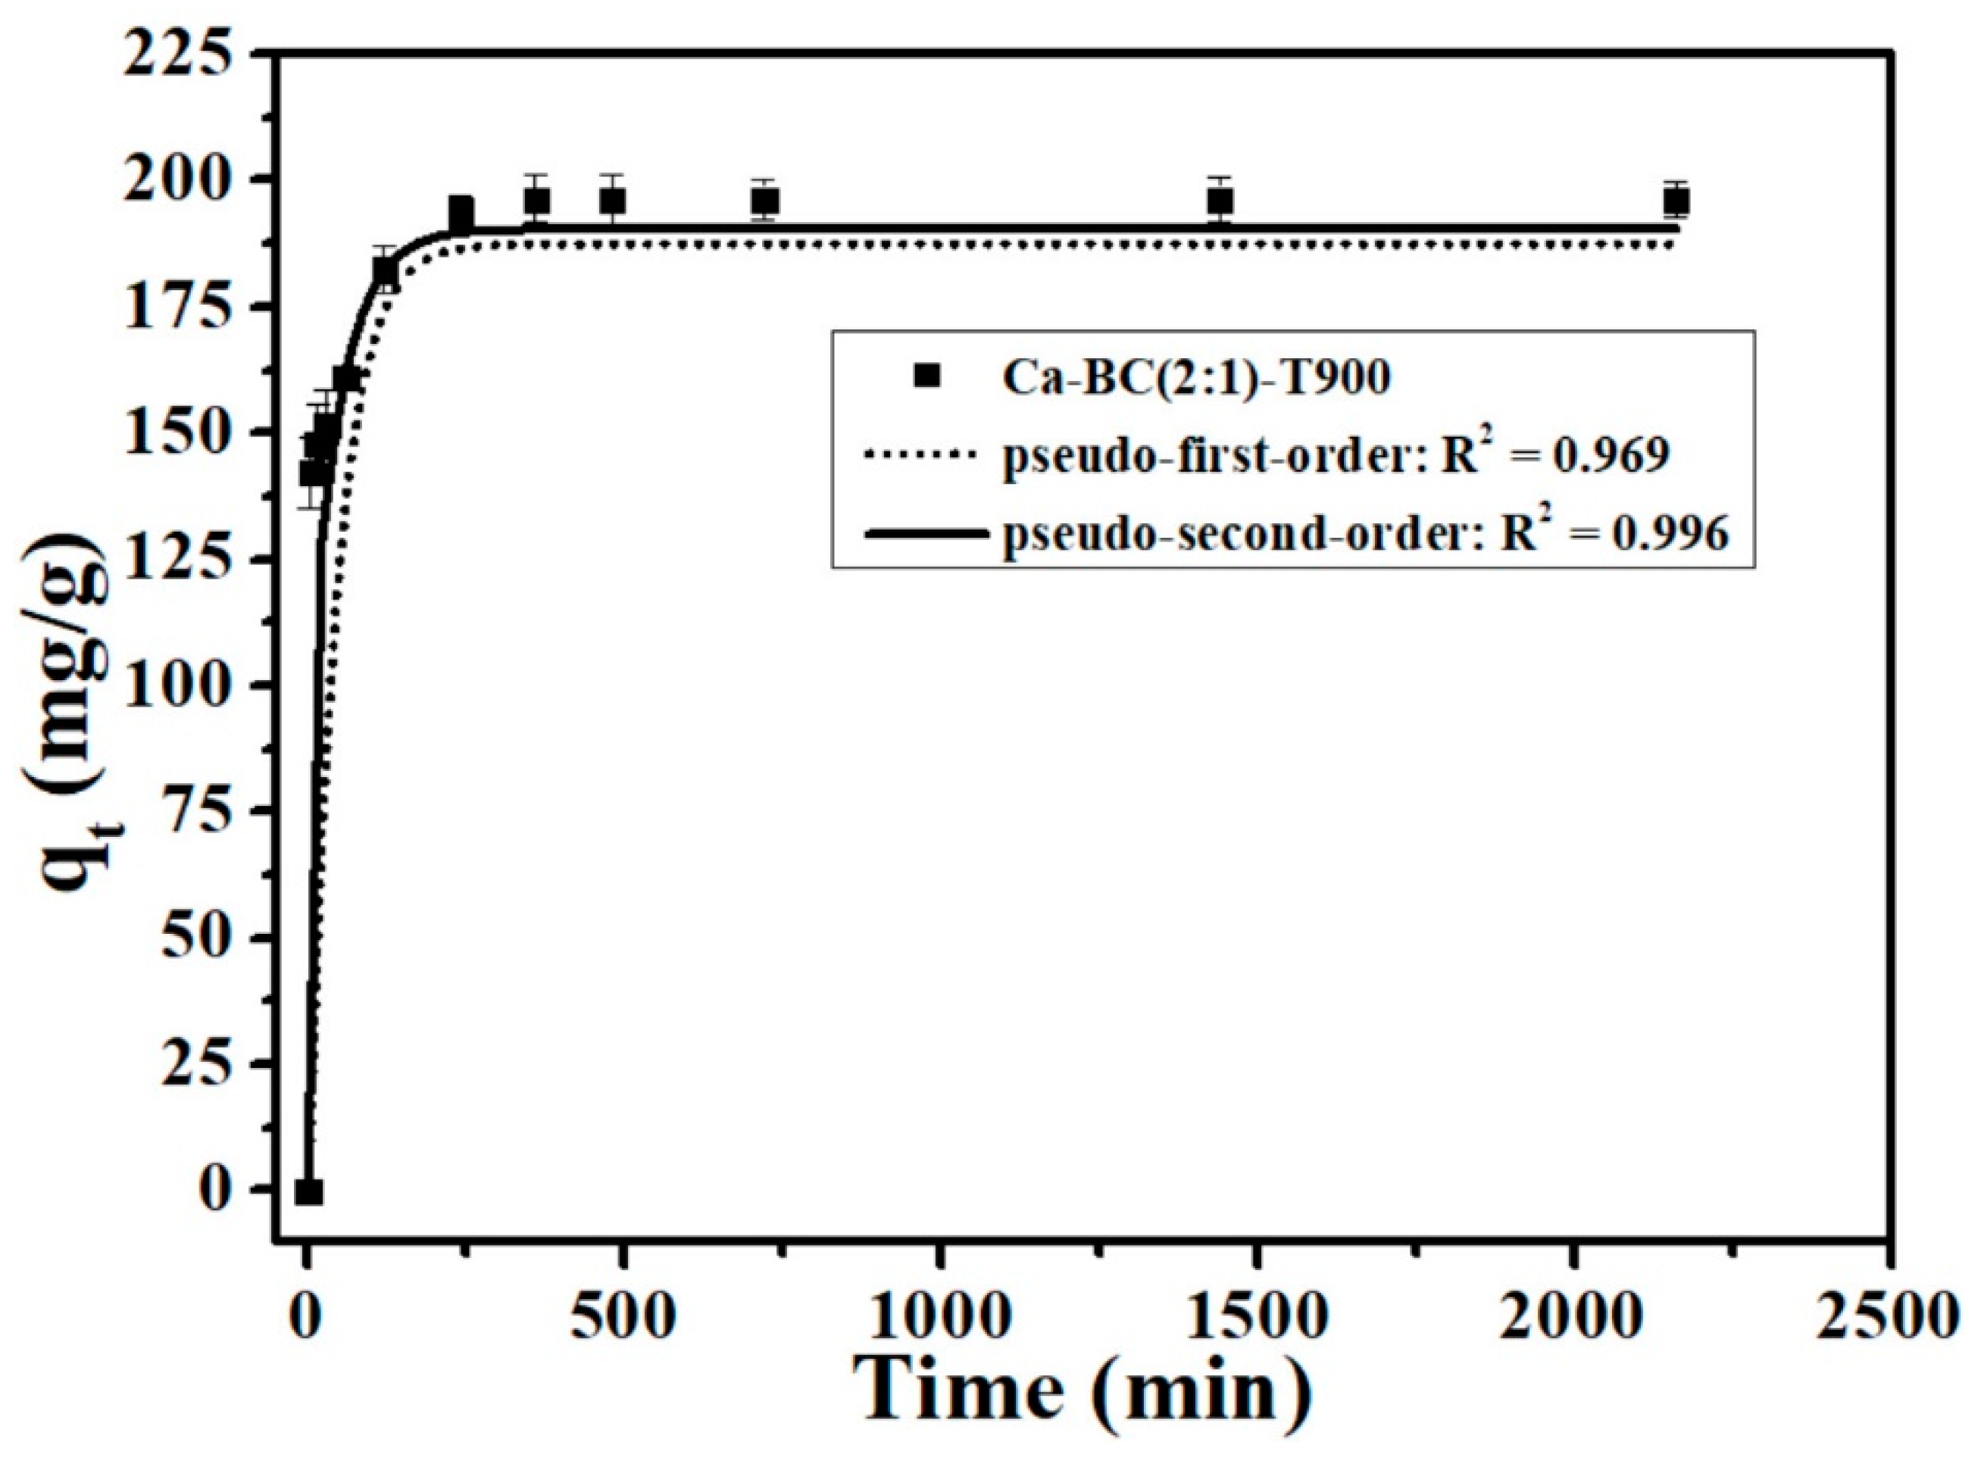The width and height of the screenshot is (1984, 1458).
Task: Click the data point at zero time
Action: [309, 1192]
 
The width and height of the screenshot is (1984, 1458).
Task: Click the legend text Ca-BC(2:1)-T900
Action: [1196, 378]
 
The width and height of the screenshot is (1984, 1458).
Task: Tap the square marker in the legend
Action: [925, 377]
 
